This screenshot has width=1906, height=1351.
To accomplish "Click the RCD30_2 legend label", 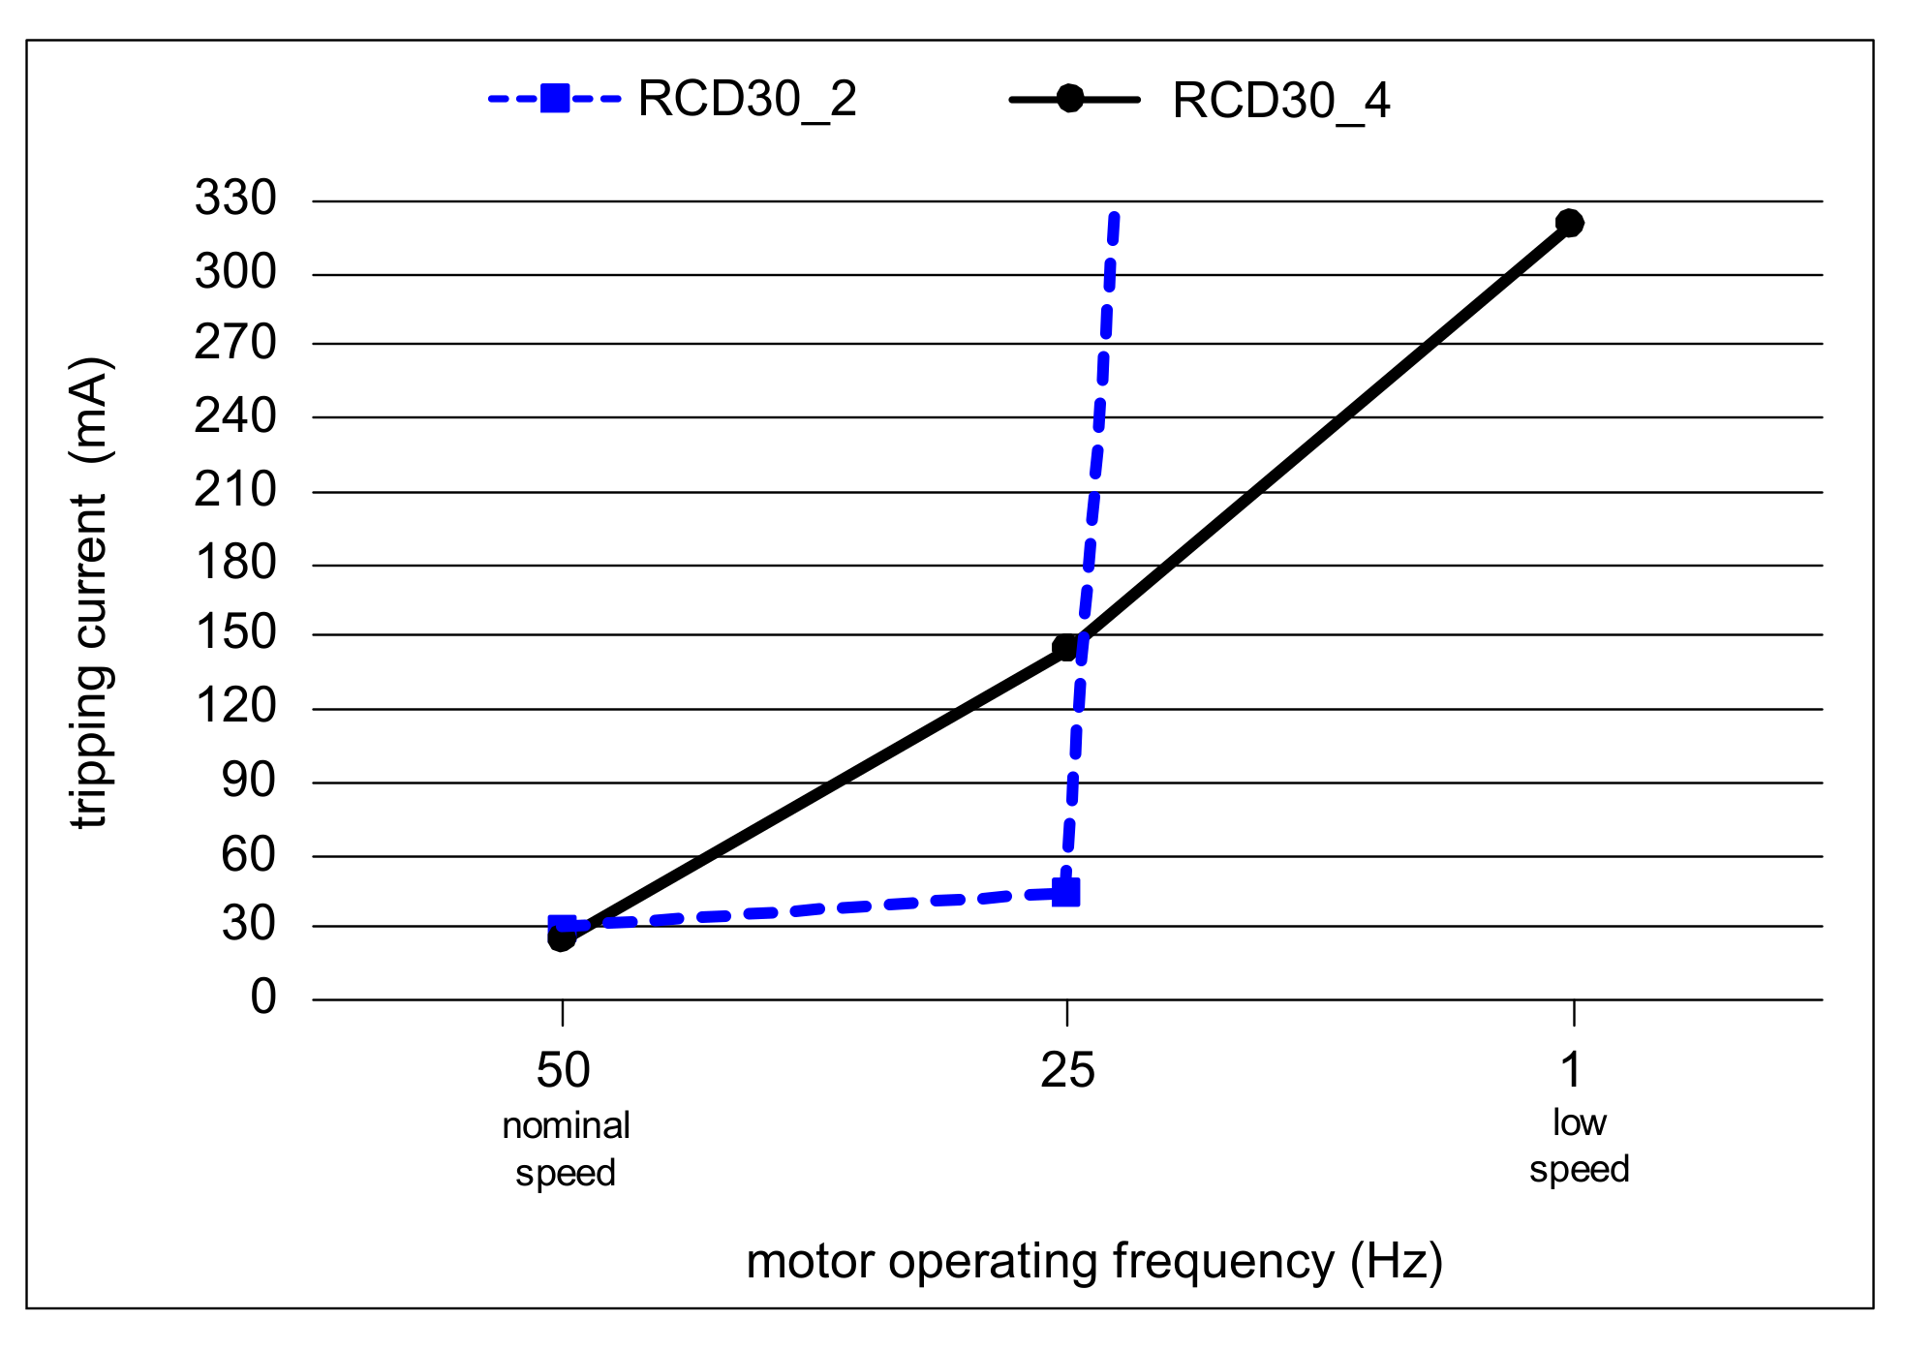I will click(747, 99).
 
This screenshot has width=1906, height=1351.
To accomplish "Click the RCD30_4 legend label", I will click(1280, 101).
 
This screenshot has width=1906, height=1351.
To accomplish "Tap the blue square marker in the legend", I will click(555, 98).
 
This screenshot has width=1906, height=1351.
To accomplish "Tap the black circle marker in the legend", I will click(1069, 99).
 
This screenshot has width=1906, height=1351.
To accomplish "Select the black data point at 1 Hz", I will click(1569, 223).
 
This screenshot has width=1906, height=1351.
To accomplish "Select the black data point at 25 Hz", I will click(1064, 647).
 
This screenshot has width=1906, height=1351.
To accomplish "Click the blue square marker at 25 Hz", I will click(1065, 892).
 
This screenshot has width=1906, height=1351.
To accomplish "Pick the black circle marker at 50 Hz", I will click(561, 937).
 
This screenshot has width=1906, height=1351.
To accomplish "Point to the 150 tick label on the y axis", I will click(235, 632).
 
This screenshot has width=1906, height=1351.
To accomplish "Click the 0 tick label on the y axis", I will click(262, 997).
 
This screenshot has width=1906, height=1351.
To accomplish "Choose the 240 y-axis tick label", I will click(235, 416).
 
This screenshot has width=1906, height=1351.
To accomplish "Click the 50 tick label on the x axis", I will click(563, 1070).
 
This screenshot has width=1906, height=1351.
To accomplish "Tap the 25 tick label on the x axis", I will click(1067, 1070).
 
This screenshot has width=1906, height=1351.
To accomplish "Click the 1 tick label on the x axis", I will click(1571, 1070).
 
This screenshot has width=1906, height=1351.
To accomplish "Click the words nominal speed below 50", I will click(566, 1149).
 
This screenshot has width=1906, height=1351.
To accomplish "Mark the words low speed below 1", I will click(1579, 1146).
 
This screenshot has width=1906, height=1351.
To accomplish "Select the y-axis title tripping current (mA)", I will click(90, 593).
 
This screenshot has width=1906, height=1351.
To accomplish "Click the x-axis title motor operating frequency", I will click(1094, 1261).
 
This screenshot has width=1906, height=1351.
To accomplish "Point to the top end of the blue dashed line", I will click(1115, 216).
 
